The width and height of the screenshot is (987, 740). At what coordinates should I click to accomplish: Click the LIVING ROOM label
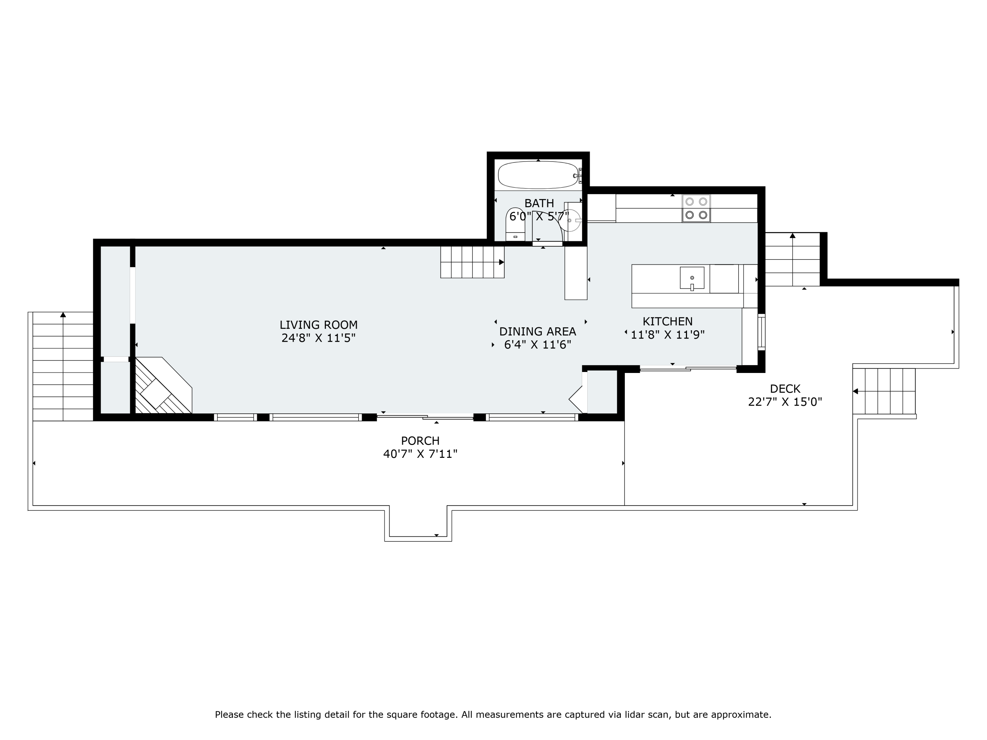pyautogui.click(x=318, y=325)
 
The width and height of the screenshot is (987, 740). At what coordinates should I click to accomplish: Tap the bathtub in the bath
pyautogui.click(x=538, y=175)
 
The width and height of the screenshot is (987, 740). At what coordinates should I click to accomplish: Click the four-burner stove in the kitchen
pyautogui.click(x=696, y=208)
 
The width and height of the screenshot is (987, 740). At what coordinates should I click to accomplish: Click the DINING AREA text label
pyautogui.click(x=538, y=332)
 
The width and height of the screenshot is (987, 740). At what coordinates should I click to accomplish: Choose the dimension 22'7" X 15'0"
pyautogui.click(x=785, y=402)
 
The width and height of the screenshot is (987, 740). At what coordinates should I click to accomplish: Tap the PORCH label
pyautogui.click(x=420, y=441)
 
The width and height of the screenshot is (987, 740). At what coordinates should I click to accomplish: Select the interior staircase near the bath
pyautogui.click(x=472, y=262)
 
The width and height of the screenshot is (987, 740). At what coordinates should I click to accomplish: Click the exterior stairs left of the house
pyautogui.click(x=63, y=366)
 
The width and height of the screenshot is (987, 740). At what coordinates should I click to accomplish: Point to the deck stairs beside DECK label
pyautogui.click(x=884, y=391)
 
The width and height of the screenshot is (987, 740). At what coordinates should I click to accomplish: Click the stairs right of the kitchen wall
pyautogui.click(x=793, y=259)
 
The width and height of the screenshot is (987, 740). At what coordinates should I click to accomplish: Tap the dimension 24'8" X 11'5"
pyautogui.click(x=318, y=338)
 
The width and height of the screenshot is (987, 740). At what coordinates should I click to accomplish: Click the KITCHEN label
pyautogui.click(x=668, y=321)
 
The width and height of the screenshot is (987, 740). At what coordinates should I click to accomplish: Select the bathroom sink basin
pyautogui.click(x=571, y=220)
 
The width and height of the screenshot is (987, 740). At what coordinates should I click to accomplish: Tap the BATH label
pyautogui.click(x=539, y=203)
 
